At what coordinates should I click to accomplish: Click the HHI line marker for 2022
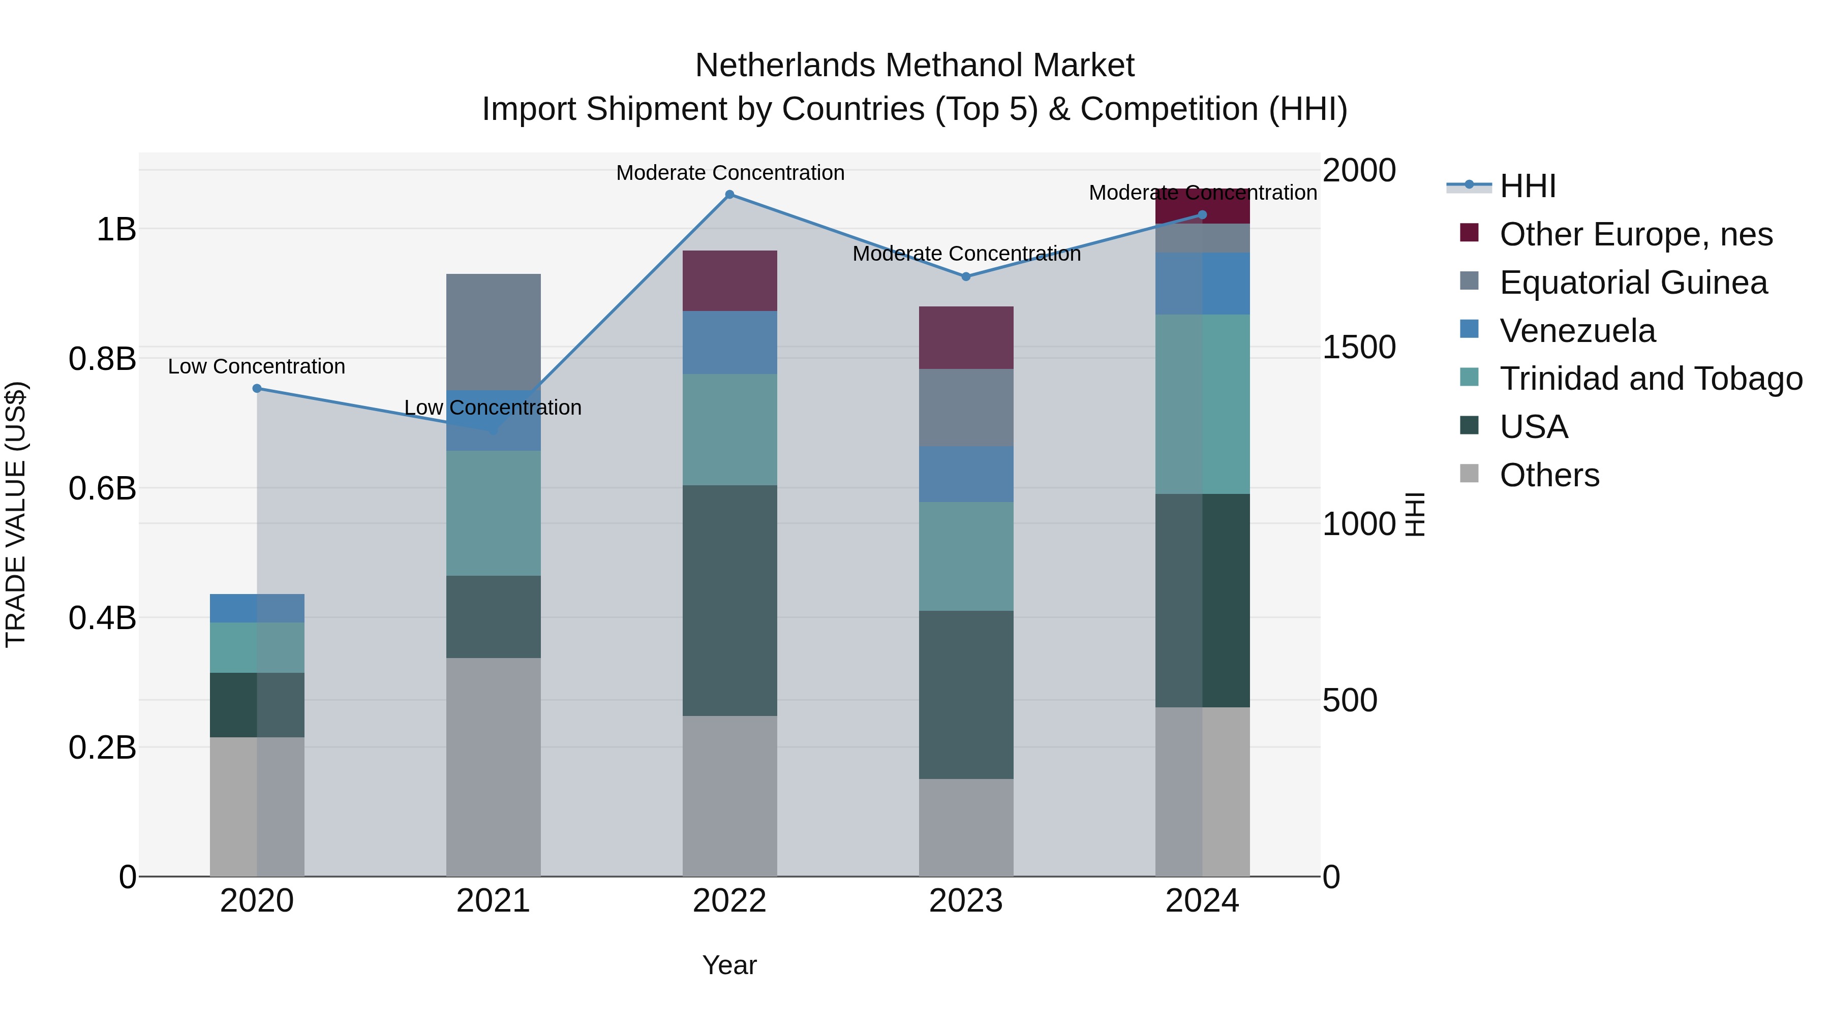click(729, 195)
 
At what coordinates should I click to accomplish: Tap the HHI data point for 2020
click(257, 388)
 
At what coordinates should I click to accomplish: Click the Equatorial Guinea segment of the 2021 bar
click(493, 332)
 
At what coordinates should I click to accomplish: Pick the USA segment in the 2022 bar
click(729, 600)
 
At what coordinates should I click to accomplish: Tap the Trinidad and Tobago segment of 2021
click(493, 513)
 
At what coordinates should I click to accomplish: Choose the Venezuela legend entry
click(1577, 331)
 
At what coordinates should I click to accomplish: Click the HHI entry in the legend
click(1528, 186)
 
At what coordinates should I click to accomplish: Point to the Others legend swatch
click(1469, 474)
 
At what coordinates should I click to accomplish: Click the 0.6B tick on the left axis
click(102, 488)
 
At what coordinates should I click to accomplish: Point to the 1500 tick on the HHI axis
click(1359, 348)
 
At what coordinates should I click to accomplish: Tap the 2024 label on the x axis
click(1202, 901)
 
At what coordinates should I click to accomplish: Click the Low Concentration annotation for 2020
click(257, 366)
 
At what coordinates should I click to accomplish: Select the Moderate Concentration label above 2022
click(729, 173)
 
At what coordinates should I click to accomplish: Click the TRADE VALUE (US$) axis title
click(16, 514)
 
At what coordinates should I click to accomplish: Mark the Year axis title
click(729, 965)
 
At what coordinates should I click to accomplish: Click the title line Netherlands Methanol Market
click(914, 66)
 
